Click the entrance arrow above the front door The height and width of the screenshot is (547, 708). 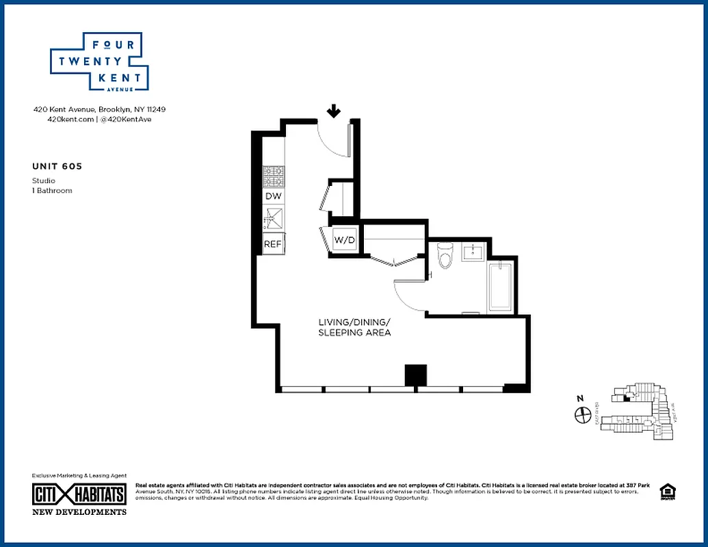334,111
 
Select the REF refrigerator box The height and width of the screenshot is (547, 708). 273,243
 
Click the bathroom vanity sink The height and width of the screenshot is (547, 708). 473,252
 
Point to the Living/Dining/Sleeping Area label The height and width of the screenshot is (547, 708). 354,327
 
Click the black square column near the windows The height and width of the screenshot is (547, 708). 415,375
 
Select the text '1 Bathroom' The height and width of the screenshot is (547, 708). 52,191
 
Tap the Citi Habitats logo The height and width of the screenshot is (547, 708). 79,496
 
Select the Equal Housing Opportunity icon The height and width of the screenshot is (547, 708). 665,492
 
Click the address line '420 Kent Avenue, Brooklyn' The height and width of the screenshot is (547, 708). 100,109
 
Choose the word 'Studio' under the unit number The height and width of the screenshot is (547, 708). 44,181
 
